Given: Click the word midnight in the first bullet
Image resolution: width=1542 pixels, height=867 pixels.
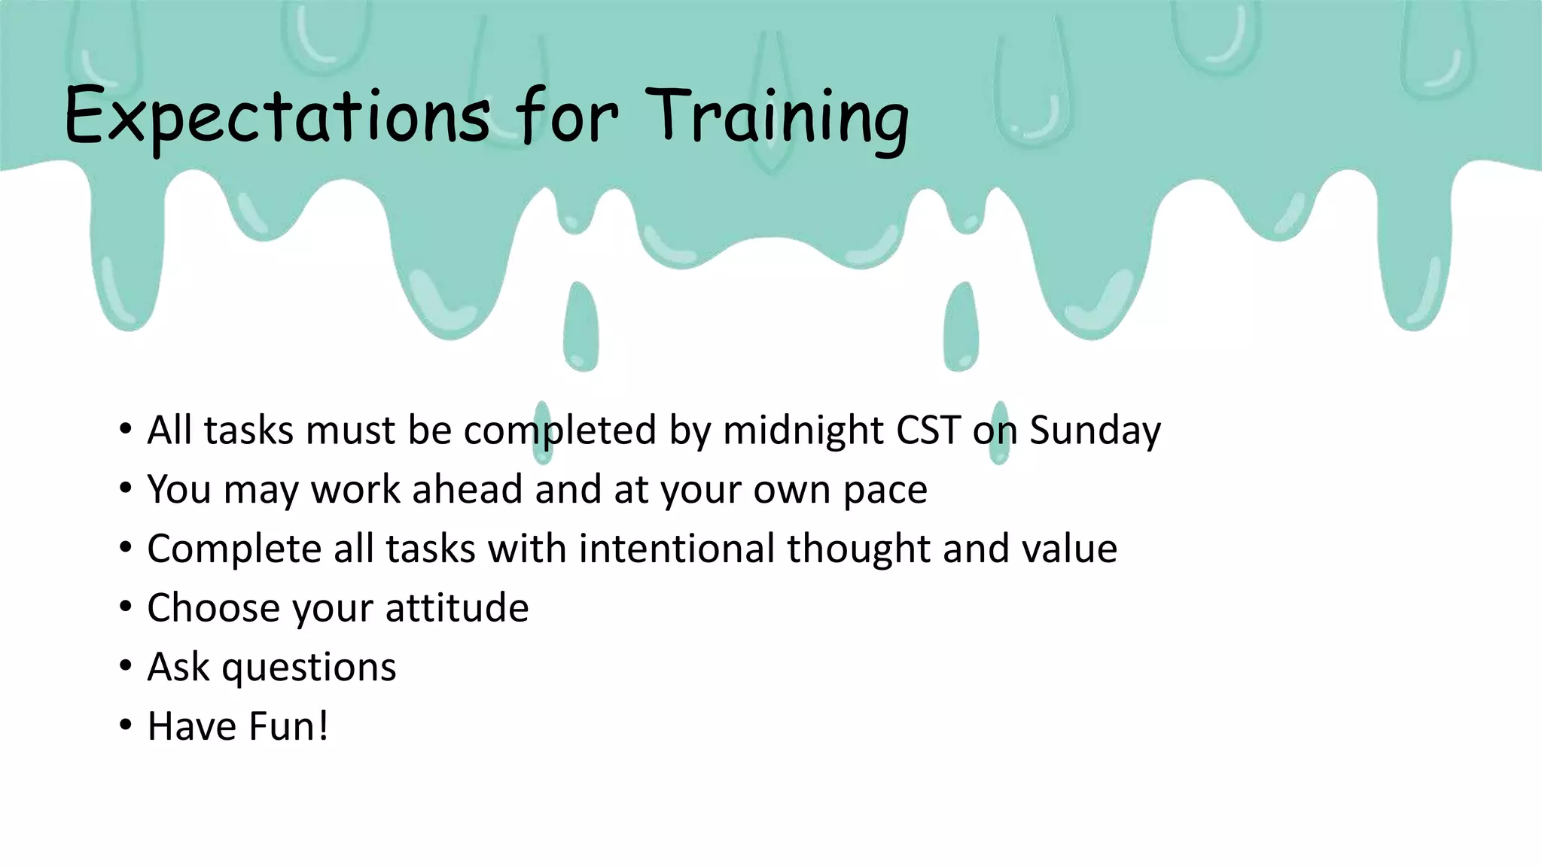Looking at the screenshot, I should click(803, 430).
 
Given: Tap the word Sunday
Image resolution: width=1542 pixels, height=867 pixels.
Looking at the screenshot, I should click(1095, 430).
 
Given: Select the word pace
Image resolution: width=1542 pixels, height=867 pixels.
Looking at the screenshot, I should click(885, 491).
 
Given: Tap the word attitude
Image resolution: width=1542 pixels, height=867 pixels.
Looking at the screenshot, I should click(456, 607).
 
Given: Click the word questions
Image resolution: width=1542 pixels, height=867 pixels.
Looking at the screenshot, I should click(309, 668).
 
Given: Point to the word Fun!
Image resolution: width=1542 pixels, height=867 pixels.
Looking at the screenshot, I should click(288, 726).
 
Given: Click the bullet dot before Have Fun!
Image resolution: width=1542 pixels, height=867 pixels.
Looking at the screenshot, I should click(125, 726).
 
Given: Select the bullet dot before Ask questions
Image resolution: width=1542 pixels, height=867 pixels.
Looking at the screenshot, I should click(125, 667).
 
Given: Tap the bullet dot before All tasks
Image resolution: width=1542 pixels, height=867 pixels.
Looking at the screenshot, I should click(125, 430).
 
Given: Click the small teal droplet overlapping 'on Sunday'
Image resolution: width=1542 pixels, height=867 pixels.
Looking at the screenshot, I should click(999, 433).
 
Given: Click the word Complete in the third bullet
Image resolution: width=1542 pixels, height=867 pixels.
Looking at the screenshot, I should click(234, 548).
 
